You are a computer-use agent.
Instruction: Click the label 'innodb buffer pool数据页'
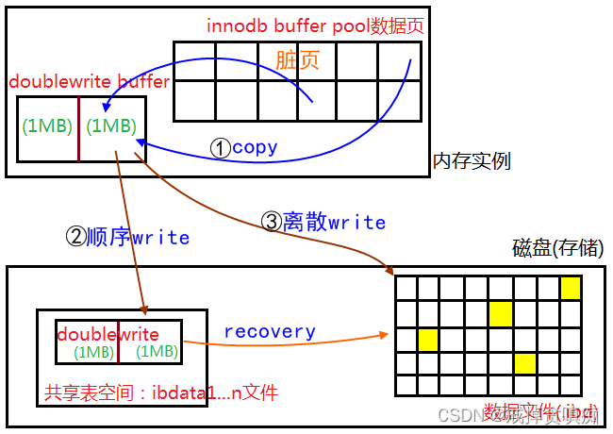coord(315,25)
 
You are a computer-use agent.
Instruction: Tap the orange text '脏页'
coord(297,59)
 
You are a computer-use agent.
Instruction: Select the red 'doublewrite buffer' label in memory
coord(89,81)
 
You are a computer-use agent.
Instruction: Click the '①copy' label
coord(244,147)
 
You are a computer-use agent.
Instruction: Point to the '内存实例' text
coord(472,161)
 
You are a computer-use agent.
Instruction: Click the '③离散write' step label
coord(323,223)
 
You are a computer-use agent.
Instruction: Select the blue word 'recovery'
coord(270,331)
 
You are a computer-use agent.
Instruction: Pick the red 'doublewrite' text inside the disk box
coord(108,334)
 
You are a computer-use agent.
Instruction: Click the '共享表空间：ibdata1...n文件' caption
coord(161,392)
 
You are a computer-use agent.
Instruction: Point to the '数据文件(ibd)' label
coord(540,411)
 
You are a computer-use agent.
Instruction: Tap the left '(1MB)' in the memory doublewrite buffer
coord(48,125)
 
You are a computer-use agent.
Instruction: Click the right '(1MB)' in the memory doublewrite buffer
coord(110,125)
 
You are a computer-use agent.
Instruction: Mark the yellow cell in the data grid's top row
coord(570,288)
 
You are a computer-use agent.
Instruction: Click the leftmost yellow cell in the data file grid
coord(429,338)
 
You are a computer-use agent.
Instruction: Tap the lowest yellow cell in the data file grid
coord(525,362)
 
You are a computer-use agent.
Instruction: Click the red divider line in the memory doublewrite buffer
coord(79,127)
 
